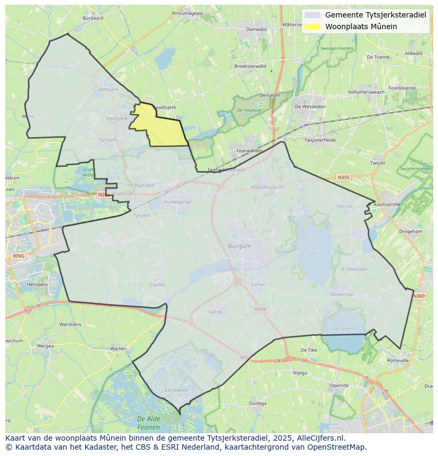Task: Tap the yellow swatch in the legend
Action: [312, 26]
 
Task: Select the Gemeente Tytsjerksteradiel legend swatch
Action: [312, 15]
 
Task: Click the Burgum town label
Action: [240, 246]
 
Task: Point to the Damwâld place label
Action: [257, 29]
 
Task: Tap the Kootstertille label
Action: [387, 204]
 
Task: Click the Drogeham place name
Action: [410, 231]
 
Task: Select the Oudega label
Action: [258, 403]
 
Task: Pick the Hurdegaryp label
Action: [177, 202]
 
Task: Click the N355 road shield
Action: [343, 178]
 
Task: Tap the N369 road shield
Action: [418, 296]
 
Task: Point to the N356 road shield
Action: [260, 309]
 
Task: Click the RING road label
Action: [18, 256]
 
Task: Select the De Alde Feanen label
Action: [148, 423]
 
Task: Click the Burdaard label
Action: [93, 18]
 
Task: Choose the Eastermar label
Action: [341, 294]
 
